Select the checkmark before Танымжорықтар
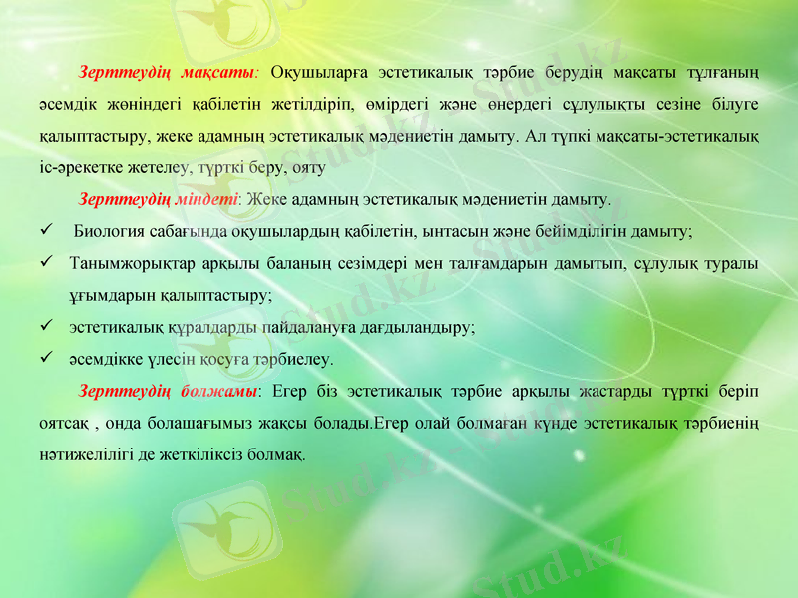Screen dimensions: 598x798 tap(46, 264)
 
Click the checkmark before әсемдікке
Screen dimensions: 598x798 tap(46, 357)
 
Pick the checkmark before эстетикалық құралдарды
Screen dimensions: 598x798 tap(46, 326)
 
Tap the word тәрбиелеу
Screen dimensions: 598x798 tap(290, 357)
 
